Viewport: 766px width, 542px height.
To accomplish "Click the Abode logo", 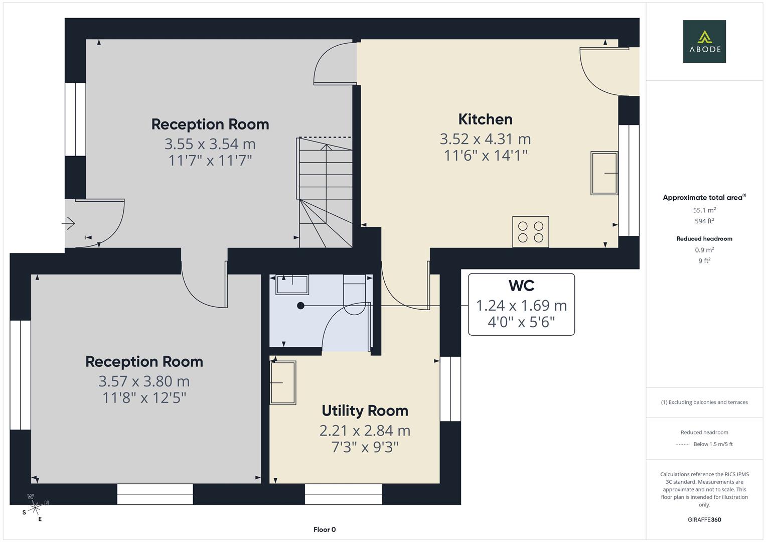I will pyautogui.click(x=704, y=42).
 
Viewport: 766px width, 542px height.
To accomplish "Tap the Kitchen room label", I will pyautogui.click(x=485, y=119).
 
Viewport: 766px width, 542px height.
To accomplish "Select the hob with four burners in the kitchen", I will pyautogui.click(x=530, y=232).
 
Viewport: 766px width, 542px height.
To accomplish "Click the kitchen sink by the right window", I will pyautogui.click(x=604, y=173).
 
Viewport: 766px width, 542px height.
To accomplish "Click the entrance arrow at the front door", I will pyautogui.click(x=69, y=223).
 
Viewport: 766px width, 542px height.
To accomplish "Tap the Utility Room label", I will pyautogui.click(x=365, y=411).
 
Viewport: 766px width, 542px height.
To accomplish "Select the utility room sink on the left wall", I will pyautogui.click(x=282, y=382).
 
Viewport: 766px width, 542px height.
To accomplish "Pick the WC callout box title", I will pyautogui.click(x=521, y=286).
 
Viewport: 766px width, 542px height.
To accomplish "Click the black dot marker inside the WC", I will pyautogui.click(x=300, y=306).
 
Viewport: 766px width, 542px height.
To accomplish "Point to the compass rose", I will pyautogui.click(x=35, y=508).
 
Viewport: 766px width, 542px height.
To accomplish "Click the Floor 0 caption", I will pyautogui.click(x=325, y=529).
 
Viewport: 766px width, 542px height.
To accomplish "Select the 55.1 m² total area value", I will pyautogui.click(x=704, y=210).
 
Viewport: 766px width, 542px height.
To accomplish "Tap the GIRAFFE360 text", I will pyautogui.click(x=704, y=519).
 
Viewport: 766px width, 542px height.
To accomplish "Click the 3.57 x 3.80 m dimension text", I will pyautogui.click(x=144, y=381).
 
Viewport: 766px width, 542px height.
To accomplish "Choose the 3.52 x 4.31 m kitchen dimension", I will pyautogui.click(x=485, y=139).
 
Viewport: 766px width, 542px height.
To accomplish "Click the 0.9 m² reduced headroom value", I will pyautogui.click(x=704, y=250).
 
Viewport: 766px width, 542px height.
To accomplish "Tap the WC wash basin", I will pyautogui.click(x=292, y=285).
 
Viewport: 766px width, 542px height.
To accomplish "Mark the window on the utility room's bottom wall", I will pyautogui.click(x=343, y=494).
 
